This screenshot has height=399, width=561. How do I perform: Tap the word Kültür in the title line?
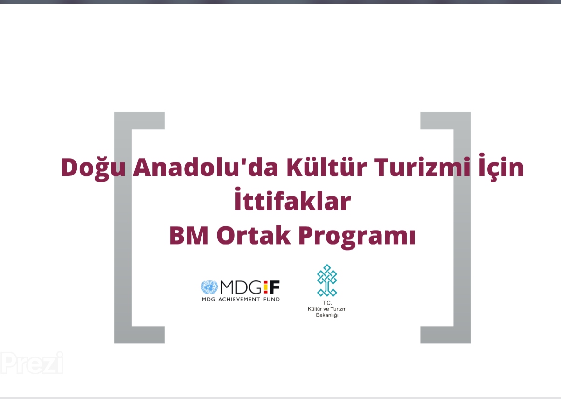point(326,167)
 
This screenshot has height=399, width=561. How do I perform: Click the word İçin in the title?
point(501,167)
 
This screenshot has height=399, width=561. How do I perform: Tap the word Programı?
point(357,237)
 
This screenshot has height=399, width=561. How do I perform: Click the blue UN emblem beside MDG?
point(209,287)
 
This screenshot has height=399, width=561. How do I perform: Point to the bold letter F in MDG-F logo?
point(274,287)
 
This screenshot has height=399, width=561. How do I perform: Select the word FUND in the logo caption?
point(271,299)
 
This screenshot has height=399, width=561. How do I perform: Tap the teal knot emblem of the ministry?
point(327,280)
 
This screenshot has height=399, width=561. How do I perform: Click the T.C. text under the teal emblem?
point(327,303)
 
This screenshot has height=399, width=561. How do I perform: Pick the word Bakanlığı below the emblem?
point(327,315)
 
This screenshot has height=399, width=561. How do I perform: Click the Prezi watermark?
point(32,363)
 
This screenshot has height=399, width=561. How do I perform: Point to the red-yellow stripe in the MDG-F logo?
point(266,287)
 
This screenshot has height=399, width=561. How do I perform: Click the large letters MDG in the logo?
point(241,287)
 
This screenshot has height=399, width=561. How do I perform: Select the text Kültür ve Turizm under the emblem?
point(327,309)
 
